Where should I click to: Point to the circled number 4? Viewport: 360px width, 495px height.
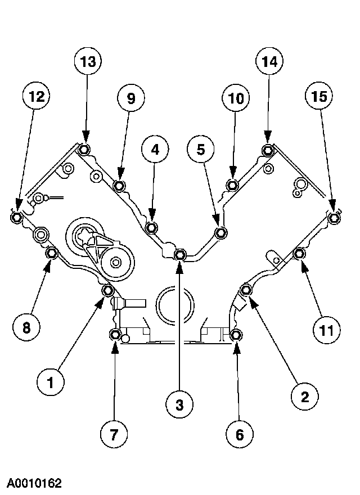point(155,150)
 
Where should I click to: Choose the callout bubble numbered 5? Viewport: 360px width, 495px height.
point(201,150)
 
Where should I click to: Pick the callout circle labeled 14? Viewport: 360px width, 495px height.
point(268,64)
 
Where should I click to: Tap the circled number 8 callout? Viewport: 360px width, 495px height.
point(26,328)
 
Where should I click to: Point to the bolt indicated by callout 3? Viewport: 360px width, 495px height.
point(179,255)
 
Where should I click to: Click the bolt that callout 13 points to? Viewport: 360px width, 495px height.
point(84,150)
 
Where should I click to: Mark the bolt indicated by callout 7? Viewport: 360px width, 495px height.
point(115,335)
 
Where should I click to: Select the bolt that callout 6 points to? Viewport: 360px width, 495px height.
point(236,335)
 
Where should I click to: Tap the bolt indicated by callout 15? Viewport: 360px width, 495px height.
point(335,218)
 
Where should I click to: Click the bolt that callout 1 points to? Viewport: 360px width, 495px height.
point(108,291)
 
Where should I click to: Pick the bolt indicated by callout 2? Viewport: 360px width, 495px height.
point(246,290)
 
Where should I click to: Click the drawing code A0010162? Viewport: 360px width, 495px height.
point(34,483)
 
